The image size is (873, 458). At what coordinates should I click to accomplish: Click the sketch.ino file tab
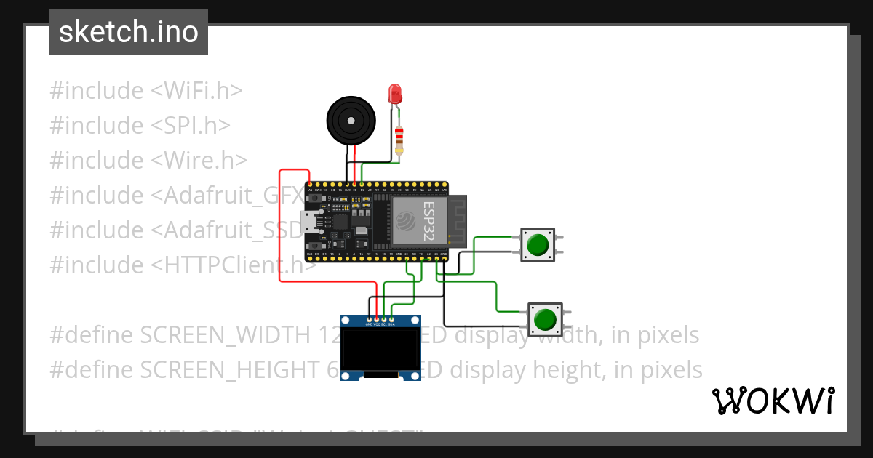(129, 32)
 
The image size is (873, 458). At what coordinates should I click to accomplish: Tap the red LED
(395, 94)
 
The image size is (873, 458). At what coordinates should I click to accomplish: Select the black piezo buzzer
(351, 120)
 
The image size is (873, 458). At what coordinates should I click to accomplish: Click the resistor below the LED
(399, 138)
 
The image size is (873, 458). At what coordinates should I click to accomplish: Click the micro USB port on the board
(308, 221)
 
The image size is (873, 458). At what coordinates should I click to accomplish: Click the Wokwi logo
(773, 401)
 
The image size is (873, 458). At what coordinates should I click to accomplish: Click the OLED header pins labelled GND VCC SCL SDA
(380, 320)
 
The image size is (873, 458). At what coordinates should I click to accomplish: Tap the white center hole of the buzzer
(351, 119)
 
